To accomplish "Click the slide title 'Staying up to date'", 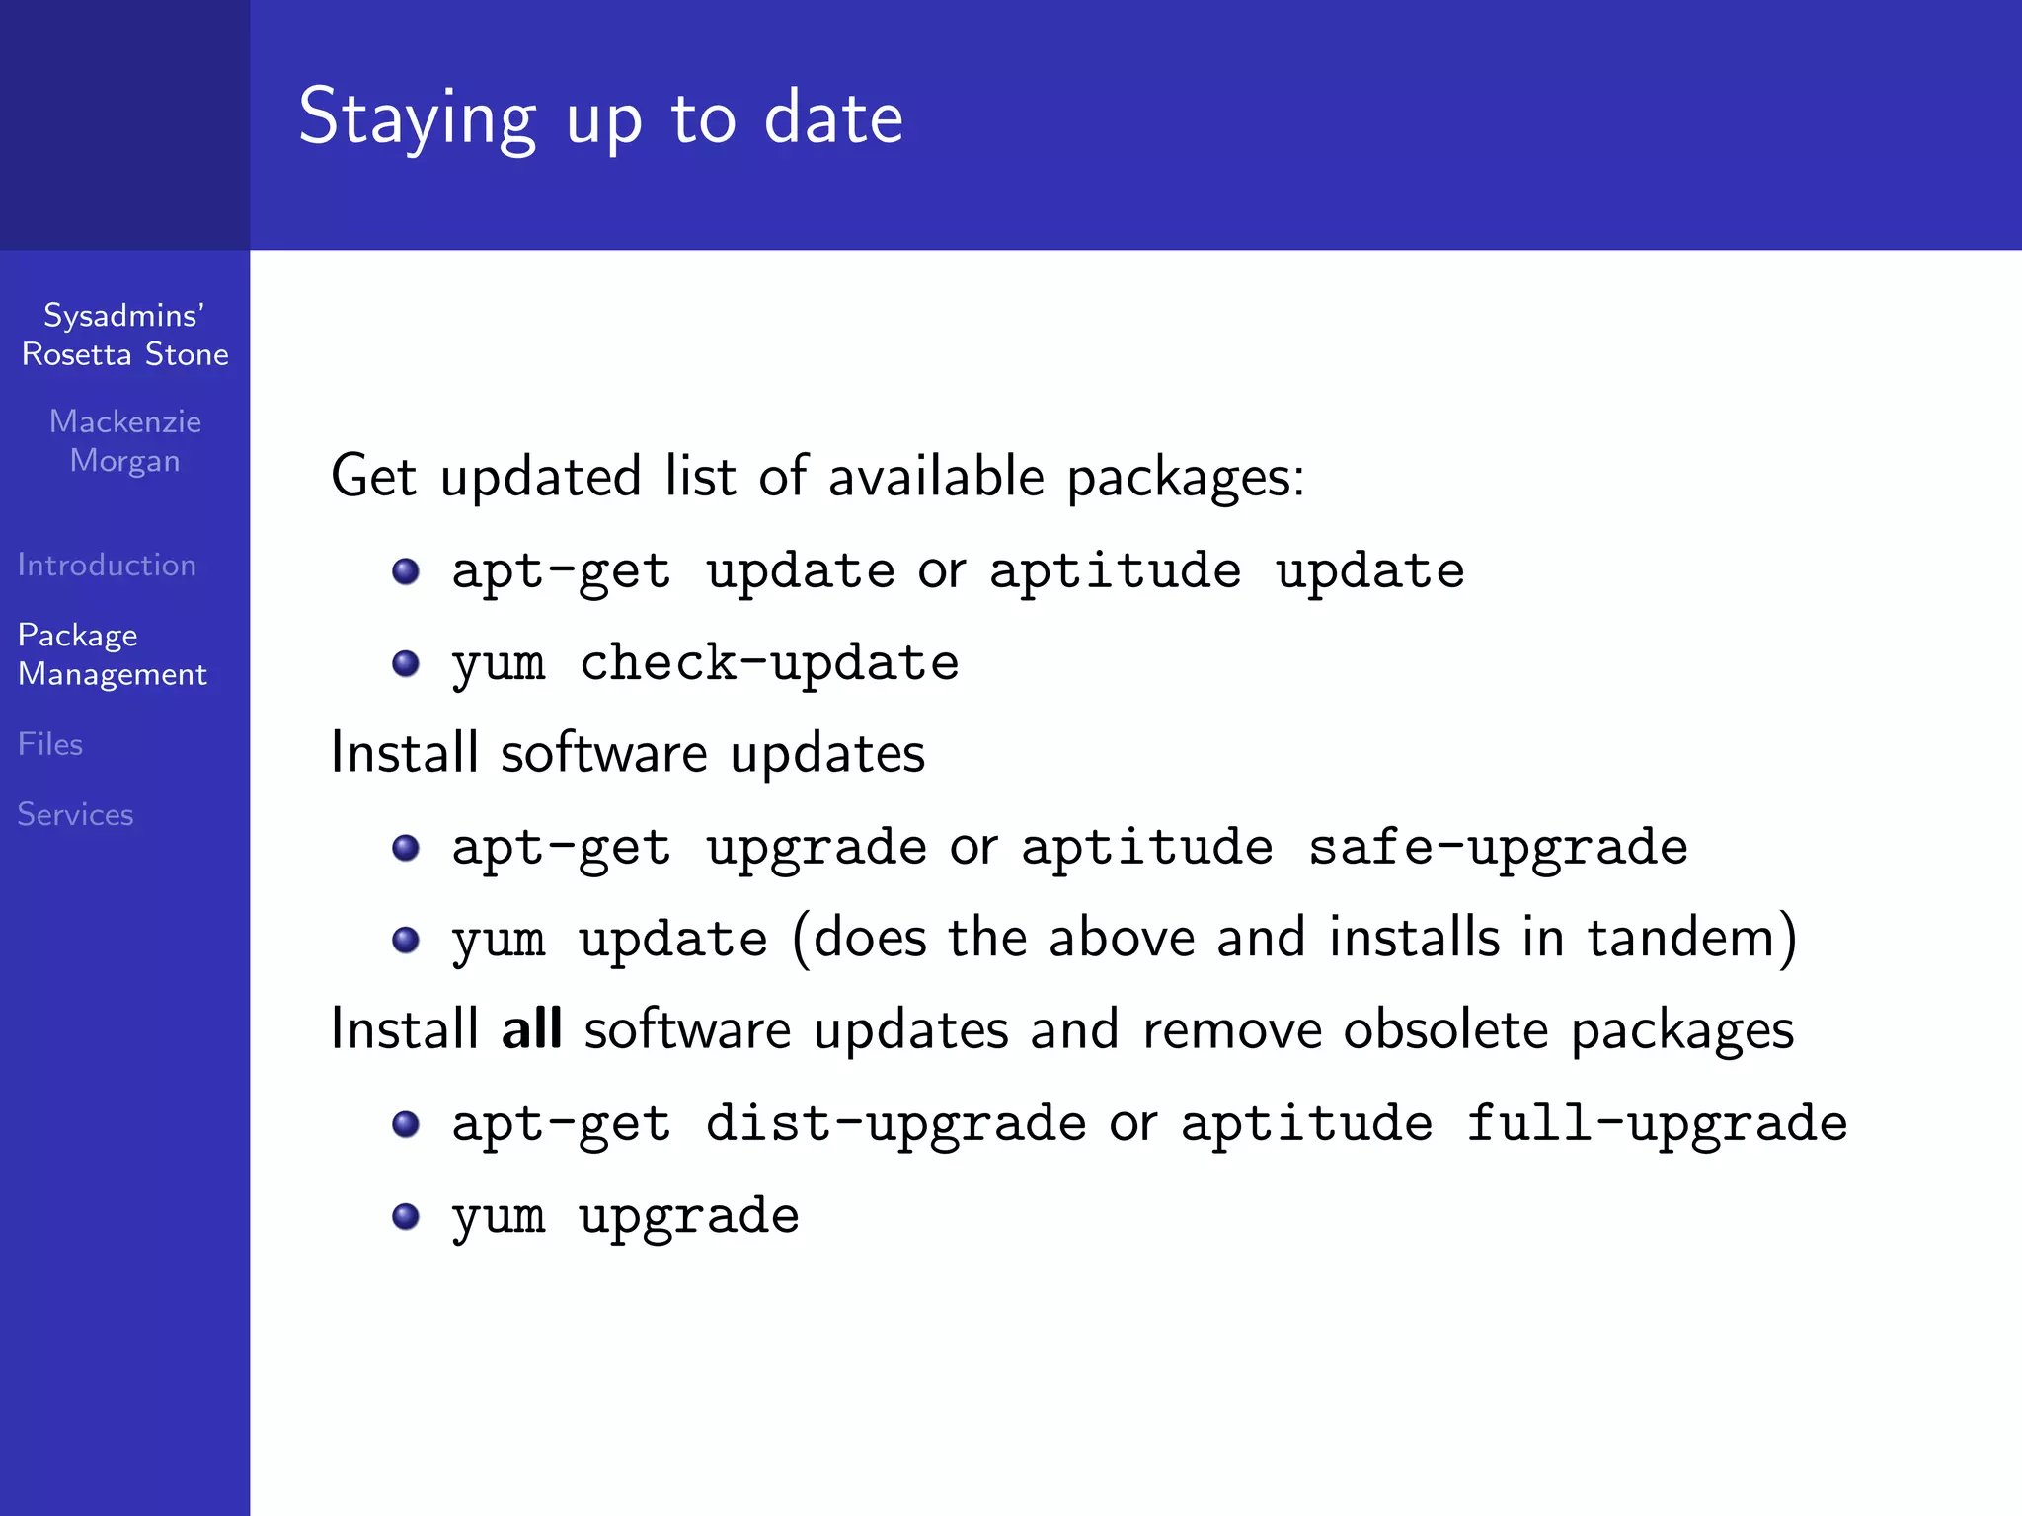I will (600, 117).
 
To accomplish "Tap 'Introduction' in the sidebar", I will (107, 566).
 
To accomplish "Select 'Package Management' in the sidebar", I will (112, 654).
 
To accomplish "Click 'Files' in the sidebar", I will (50, 744).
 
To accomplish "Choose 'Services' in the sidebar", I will (75, 814).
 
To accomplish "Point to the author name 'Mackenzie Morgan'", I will (125, 441).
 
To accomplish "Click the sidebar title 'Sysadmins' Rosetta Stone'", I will (125, 335).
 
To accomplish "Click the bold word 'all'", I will (531, 1028).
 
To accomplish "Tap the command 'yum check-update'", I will (705, 662).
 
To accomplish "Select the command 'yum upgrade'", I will (625, 1215).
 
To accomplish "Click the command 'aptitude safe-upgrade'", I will (1354, 847).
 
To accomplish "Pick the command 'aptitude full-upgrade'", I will (1513, 1123).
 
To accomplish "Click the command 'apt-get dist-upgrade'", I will (768, 1123).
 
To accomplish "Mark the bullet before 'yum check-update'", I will (406, 663).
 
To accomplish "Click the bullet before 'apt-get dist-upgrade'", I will (406, 1124).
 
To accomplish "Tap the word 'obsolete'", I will (1445, 1029).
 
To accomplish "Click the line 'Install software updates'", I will (628, 753).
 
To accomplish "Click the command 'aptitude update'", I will (1226, 570).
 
